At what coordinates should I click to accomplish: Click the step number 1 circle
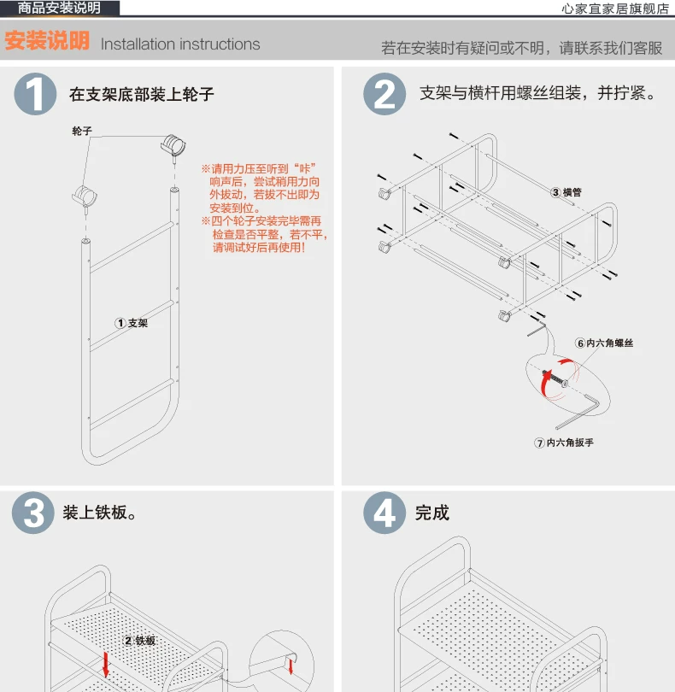35,94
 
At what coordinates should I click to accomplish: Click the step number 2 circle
384,94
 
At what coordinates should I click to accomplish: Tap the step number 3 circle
33,513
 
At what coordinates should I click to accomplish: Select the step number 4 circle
384,513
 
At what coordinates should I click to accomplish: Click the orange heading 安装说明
47,41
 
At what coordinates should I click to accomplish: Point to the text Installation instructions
180,44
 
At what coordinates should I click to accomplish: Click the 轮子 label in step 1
82,131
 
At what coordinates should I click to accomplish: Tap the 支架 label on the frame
132,323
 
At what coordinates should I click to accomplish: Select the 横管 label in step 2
566,192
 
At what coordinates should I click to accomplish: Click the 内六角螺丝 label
604,343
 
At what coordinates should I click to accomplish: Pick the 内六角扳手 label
564,443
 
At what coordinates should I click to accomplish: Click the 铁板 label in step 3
139,641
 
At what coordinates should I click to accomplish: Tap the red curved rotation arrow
546,383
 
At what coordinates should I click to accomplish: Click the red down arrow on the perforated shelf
105,665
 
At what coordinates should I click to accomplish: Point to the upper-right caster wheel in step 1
173,145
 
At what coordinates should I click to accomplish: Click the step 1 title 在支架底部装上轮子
141,94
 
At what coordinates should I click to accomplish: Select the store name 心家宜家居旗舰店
615,9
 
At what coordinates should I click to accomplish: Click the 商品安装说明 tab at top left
60,8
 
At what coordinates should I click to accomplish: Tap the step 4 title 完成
431,513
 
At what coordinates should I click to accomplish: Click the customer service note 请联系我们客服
611,48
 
